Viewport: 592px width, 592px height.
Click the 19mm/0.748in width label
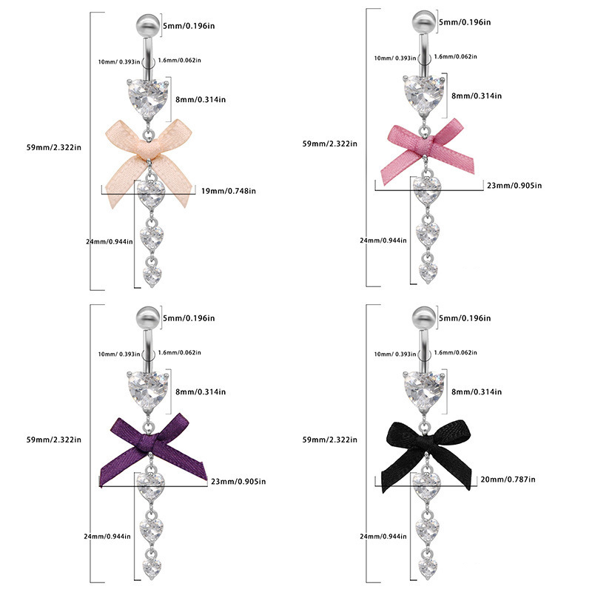pos(229,190)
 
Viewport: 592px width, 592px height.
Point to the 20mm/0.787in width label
pos(508,479)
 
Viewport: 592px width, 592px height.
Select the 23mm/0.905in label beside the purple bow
pos(238,481)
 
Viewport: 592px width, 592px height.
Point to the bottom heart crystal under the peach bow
pos(152,277)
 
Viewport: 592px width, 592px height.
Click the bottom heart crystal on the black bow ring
pos(427,568)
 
